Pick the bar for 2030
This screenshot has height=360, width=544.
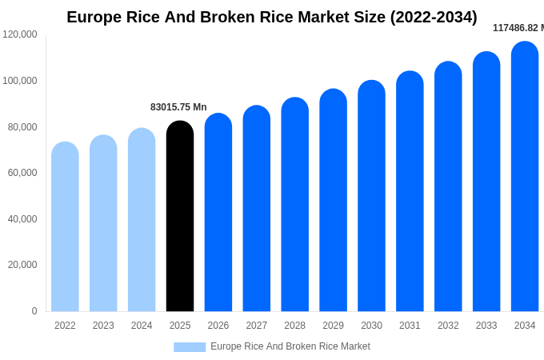pyautogui.click(x=371, y=196)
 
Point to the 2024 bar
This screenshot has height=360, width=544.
pyautogui.click(x=142, y=220)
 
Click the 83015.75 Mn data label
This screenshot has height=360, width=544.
pyautogui.click(x=178, y=107)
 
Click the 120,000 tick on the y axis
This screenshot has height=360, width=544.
pyautogui.click(x=20, y=34)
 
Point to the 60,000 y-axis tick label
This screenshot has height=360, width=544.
pyautogui.click(x=22, y=173)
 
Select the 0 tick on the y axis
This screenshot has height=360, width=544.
pyautogui.click(x=34, y=311)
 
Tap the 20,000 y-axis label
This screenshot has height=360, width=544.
pyautogui.click(x=22, y=265)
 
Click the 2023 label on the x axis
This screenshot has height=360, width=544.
pyautogui.click(x=103, y=326)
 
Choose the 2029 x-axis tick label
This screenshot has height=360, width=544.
pyautogui.click(x=333, y=326)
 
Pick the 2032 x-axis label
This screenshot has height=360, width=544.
pyautogui.click(x=448, y=326)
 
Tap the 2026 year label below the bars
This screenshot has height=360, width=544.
pyautogui.click(x=218, y=326)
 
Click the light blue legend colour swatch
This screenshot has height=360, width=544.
pyautogui.click(x=190, y=347)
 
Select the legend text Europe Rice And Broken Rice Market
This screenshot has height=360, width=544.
pyautogui.click(x=290, y=346)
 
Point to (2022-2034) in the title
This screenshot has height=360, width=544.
pyautogui.click(x=434, y=17)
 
